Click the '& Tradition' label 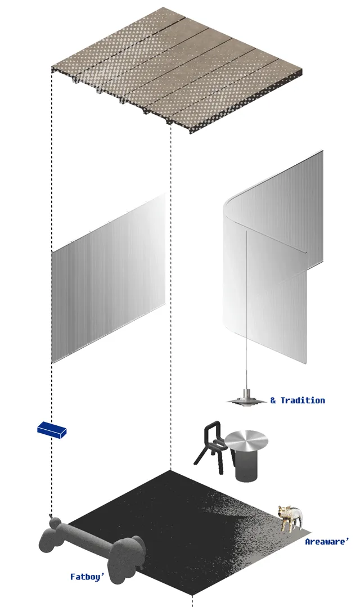298,401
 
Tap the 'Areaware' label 327,541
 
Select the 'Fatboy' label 88,577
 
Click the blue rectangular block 52,429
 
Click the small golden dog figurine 290,518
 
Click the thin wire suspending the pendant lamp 247,310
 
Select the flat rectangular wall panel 109,278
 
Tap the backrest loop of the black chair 213,432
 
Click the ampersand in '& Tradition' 273,401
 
